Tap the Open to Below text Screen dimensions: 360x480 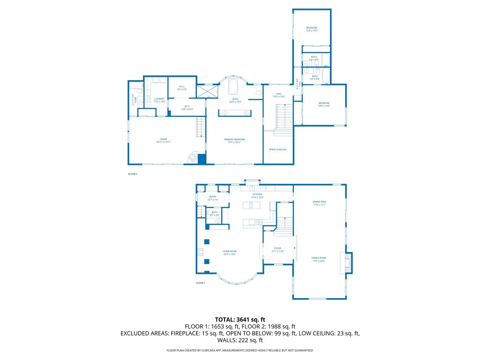click(x=277, y=150)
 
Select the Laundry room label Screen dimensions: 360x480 click(x=159, y=99)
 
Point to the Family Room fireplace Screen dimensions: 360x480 click(x=348, y=262)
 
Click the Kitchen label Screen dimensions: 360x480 click(x=257, y=195)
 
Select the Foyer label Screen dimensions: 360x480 click(x=277, y=248)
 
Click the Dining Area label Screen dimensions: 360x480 click(x=319, y=202)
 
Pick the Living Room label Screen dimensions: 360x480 click(x=229, y=252)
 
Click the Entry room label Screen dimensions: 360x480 click(x=212, y=198)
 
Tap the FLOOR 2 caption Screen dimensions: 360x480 click(x=133, y=174)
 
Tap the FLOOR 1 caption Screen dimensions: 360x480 click(x=200, y=283)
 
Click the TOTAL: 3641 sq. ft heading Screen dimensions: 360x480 click(x=240, y=320)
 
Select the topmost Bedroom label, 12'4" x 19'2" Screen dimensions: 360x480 click(x=312, y=28)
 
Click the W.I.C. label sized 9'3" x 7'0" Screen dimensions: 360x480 click(x=183, y=87)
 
